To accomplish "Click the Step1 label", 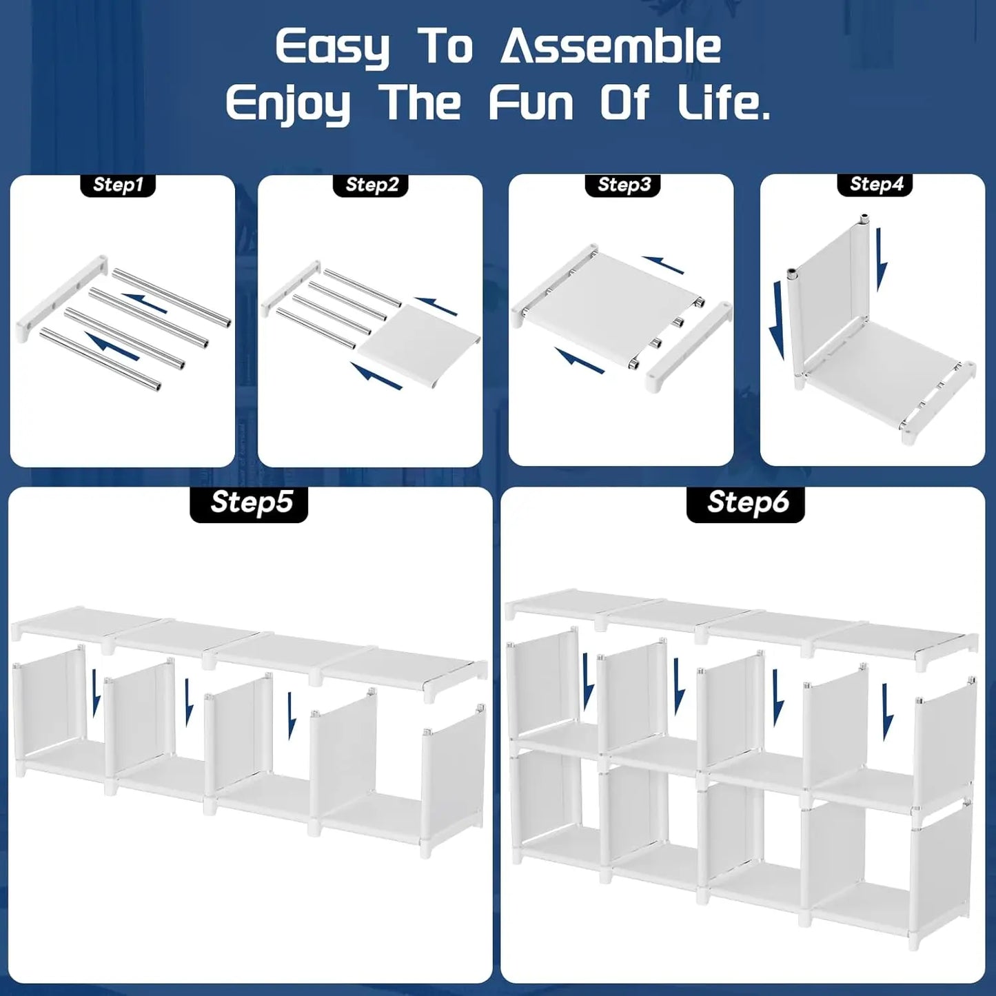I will click(118, 185).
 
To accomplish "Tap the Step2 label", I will click(372, 185).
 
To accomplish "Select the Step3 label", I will click(624, 185).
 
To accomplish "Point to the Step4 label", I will click(876, 184).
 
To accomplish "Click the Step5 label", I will click(249, 502).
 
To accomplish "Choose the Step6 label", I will click(746, 502).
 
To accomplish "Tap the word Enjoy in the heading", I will click(287, 104).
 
